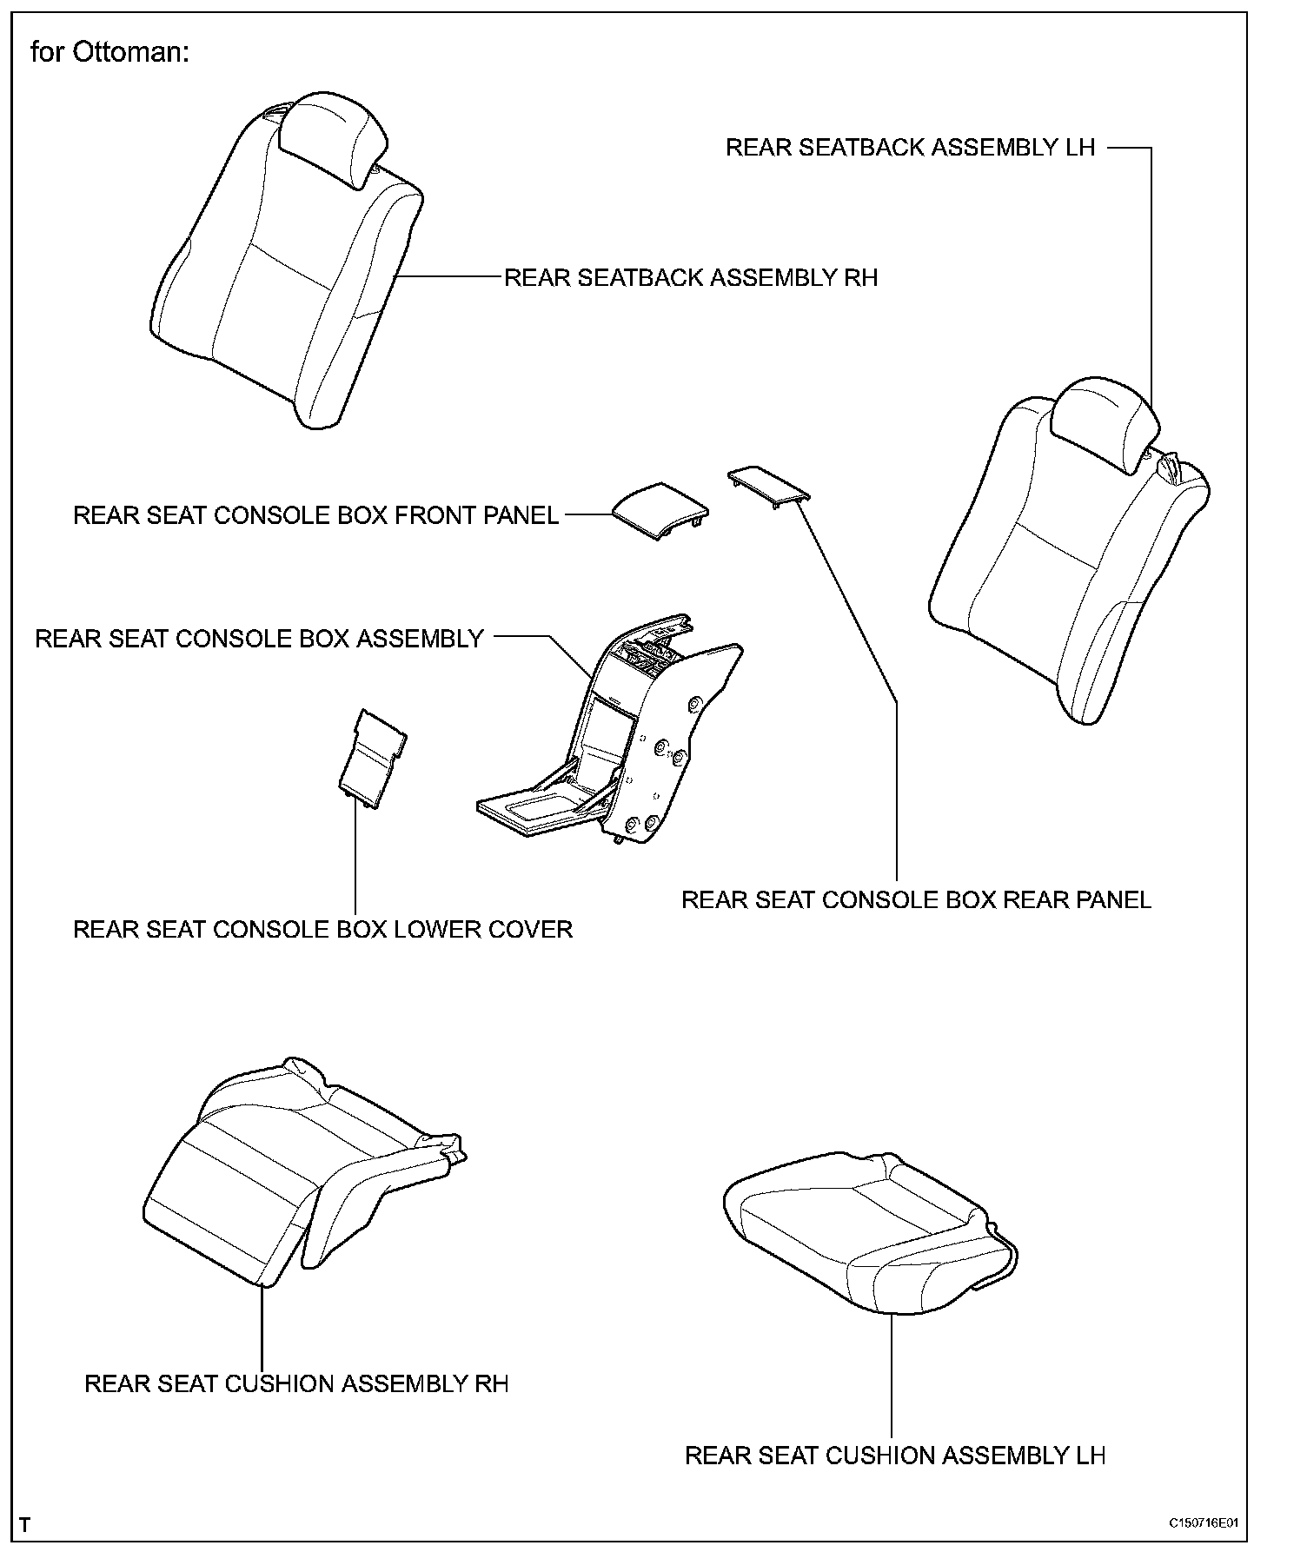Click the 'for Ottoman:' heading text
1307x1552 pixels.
(x=109, y=53)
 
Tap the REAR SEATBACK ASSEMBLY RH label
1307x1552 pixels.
(x=691, y=278)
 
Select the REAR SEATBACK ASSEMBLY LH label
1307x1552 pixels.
(x=910, y=148)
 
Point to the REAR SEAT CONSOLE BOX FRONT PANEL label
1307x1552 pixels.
(x=315, y=515)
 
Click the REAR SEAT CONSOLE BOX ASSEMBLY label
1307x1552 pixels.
(x=259, y=639)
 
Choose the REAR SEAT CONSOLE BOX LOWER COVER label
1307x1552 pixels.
(x=322, y=929)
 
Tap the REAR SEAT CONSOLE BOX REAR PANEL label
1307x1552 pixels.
(x=916, y=899)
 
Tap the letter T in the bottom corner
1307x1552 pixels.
(x=25, y=1525)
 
